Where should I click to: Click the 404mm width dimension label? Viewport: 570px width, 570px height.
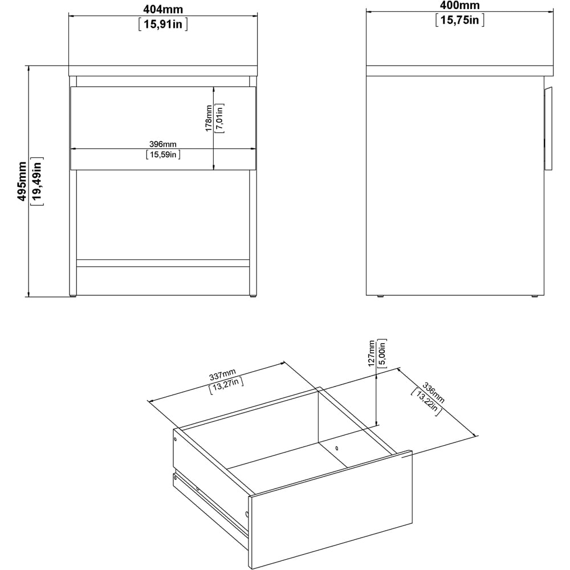[162, 7]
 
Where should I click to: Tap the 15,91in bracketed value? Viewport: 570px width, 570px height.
[162, 24]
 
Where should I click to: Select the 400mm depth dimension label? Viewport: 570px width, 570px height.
[459, 6]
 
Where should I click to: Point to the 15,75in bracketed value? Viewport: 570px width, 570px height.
[459, 21]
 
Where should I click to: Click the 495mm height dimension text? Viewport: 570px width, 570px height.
[22, 181]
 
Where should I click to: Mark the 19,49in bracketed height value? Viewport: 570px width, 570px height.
[38, 181]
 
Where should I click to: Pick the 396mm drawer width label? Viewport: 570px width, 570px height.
[163, 144]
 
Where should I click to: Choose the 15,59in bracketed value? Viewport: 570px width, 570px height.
[163, 154]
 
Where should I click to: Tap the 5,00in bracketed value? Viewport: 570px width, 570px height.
[384, 353]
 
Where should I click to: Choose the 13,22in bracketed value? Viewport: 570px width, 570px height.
[426, 404]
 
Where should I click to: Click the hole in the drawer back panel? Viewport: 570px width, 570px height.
[337, 448]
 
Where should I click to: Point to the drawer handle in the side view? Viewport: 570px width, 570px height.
[549, 128]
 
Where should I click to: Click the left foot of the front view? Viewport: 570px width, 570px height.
[72, 295]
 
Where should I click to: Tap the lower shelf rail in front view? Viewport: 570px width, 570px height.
[163, 263]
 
